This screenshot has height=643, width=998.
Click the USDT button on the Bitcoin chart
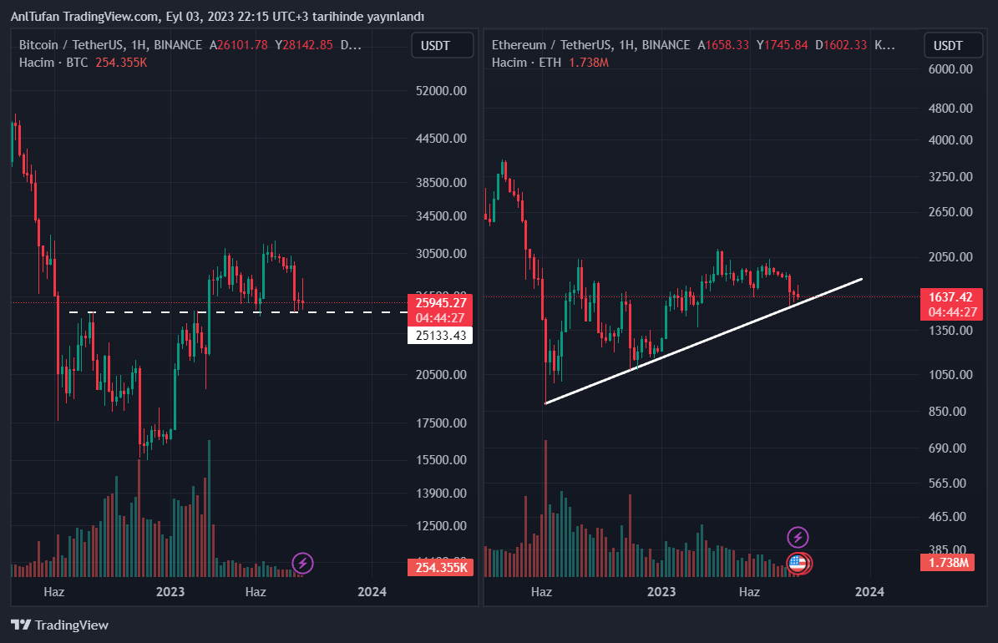442,45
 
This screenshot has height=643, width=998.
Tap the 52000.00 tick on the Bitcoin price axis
441,90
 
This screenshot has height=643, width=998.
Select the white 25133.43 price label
439,335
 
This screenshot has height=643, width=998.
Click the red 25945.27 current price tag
439,302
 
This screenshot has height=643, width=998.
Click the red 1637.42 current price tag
951,296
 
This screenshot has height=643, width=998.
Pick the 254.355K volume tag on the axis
439,568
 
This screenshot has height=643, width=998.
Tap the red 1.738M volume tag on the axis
951,563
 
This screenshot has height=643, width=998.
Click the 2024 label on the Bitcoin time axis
372,592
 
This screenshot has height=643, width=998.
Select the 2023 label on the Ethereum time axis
661,592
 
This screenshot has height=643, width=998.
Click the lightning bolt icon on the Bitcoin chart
302,563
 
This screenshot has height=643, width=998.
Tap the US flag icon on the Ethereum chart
798,563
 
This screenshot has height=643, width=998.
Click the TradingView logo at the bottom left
60,625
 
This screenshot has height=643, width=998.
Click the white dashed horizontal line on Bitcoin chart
334,312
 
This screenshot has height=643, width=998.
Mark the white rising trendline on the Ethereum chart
702,341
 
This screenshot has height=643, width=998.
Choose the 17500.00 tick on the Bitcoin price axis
441,423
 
